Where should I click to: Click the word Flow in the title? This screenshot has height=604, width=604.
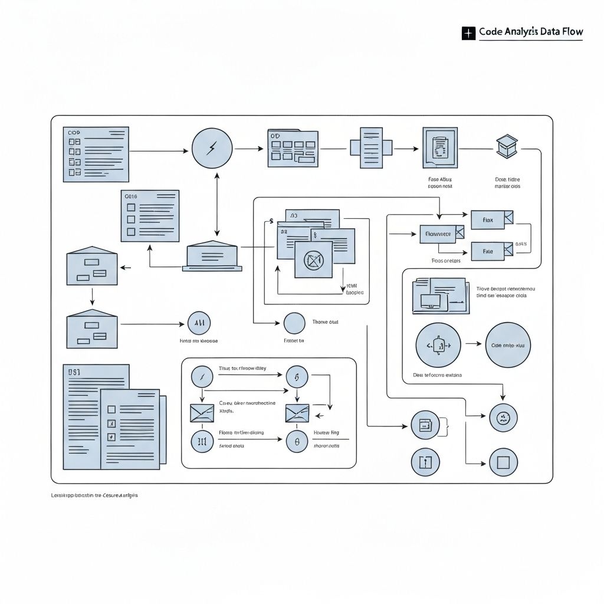pos(570,32)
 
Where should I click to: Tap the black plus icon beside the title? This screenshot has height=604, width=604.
pos(468,33)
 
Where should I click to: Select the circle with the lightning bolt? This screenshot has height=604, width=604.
pos(212,148)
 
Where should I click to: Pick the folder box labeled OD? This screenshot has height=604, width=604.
pos(293,148)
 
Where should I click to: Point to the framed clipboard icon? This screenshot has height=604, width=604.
pos(440,148)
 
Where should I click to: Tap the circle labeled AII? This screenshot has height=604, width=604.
pos(199,323)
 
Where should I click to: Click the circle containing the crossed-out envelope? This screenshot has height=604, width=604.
pos(313,260)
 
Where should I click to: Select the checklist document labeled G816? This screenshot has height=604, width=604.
pos(150,216)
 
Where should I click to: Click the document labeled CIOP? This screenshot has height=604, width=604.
pos(96,154)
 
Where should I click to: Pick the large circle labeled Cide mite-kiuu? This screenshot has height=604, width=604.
pos(507,345)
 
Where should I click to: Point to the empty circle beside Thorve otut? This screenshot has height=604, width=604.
pos(294,323)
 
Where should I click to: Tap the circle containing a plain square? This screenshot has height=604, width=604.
pos(503,462)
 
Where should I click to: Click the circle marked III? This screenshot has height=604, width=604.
pos(202,441)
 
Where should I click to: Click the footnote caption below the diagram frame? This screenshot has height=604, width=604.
pos(94,496)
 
